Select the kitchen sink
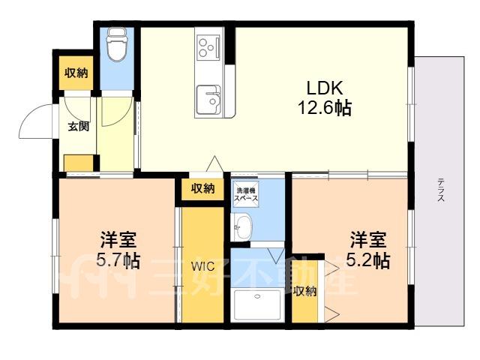pos(208,99)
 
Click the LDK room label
pos(325,88)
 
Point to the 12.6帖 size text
pos(325,107)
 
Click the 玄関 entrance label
pos(78,126)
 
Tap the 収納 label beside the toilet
pos(76,73)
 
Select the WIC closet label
pos(203,266)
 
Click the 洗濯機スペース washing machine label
pos(246,194)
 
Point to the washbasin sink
pos(241,226)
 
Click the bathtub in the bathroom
pos(257,304)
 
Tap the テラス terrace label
pos(440,190)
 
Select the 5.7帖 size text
pos(118,260)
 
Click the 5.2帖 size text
pos(368,260)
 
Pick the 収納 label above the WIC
pos(202,188)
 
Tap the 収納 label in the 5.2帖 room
pos(304,292)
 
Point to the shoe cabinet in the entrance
pos(79,163)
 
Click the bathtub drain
pos(257,296)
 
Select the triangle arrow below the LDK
pos(215,163)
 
